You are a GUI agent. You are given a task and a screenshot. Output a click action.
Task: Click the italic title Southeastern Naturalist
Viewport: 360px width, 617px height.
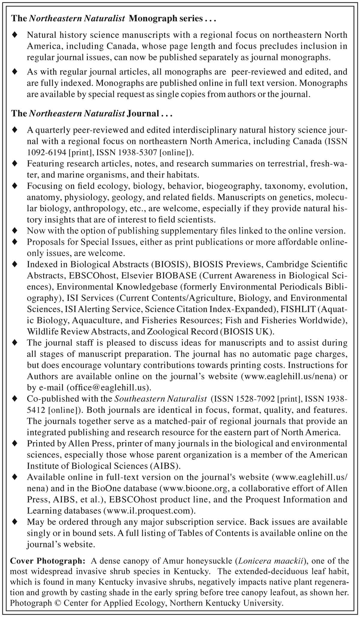(161, 399)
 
